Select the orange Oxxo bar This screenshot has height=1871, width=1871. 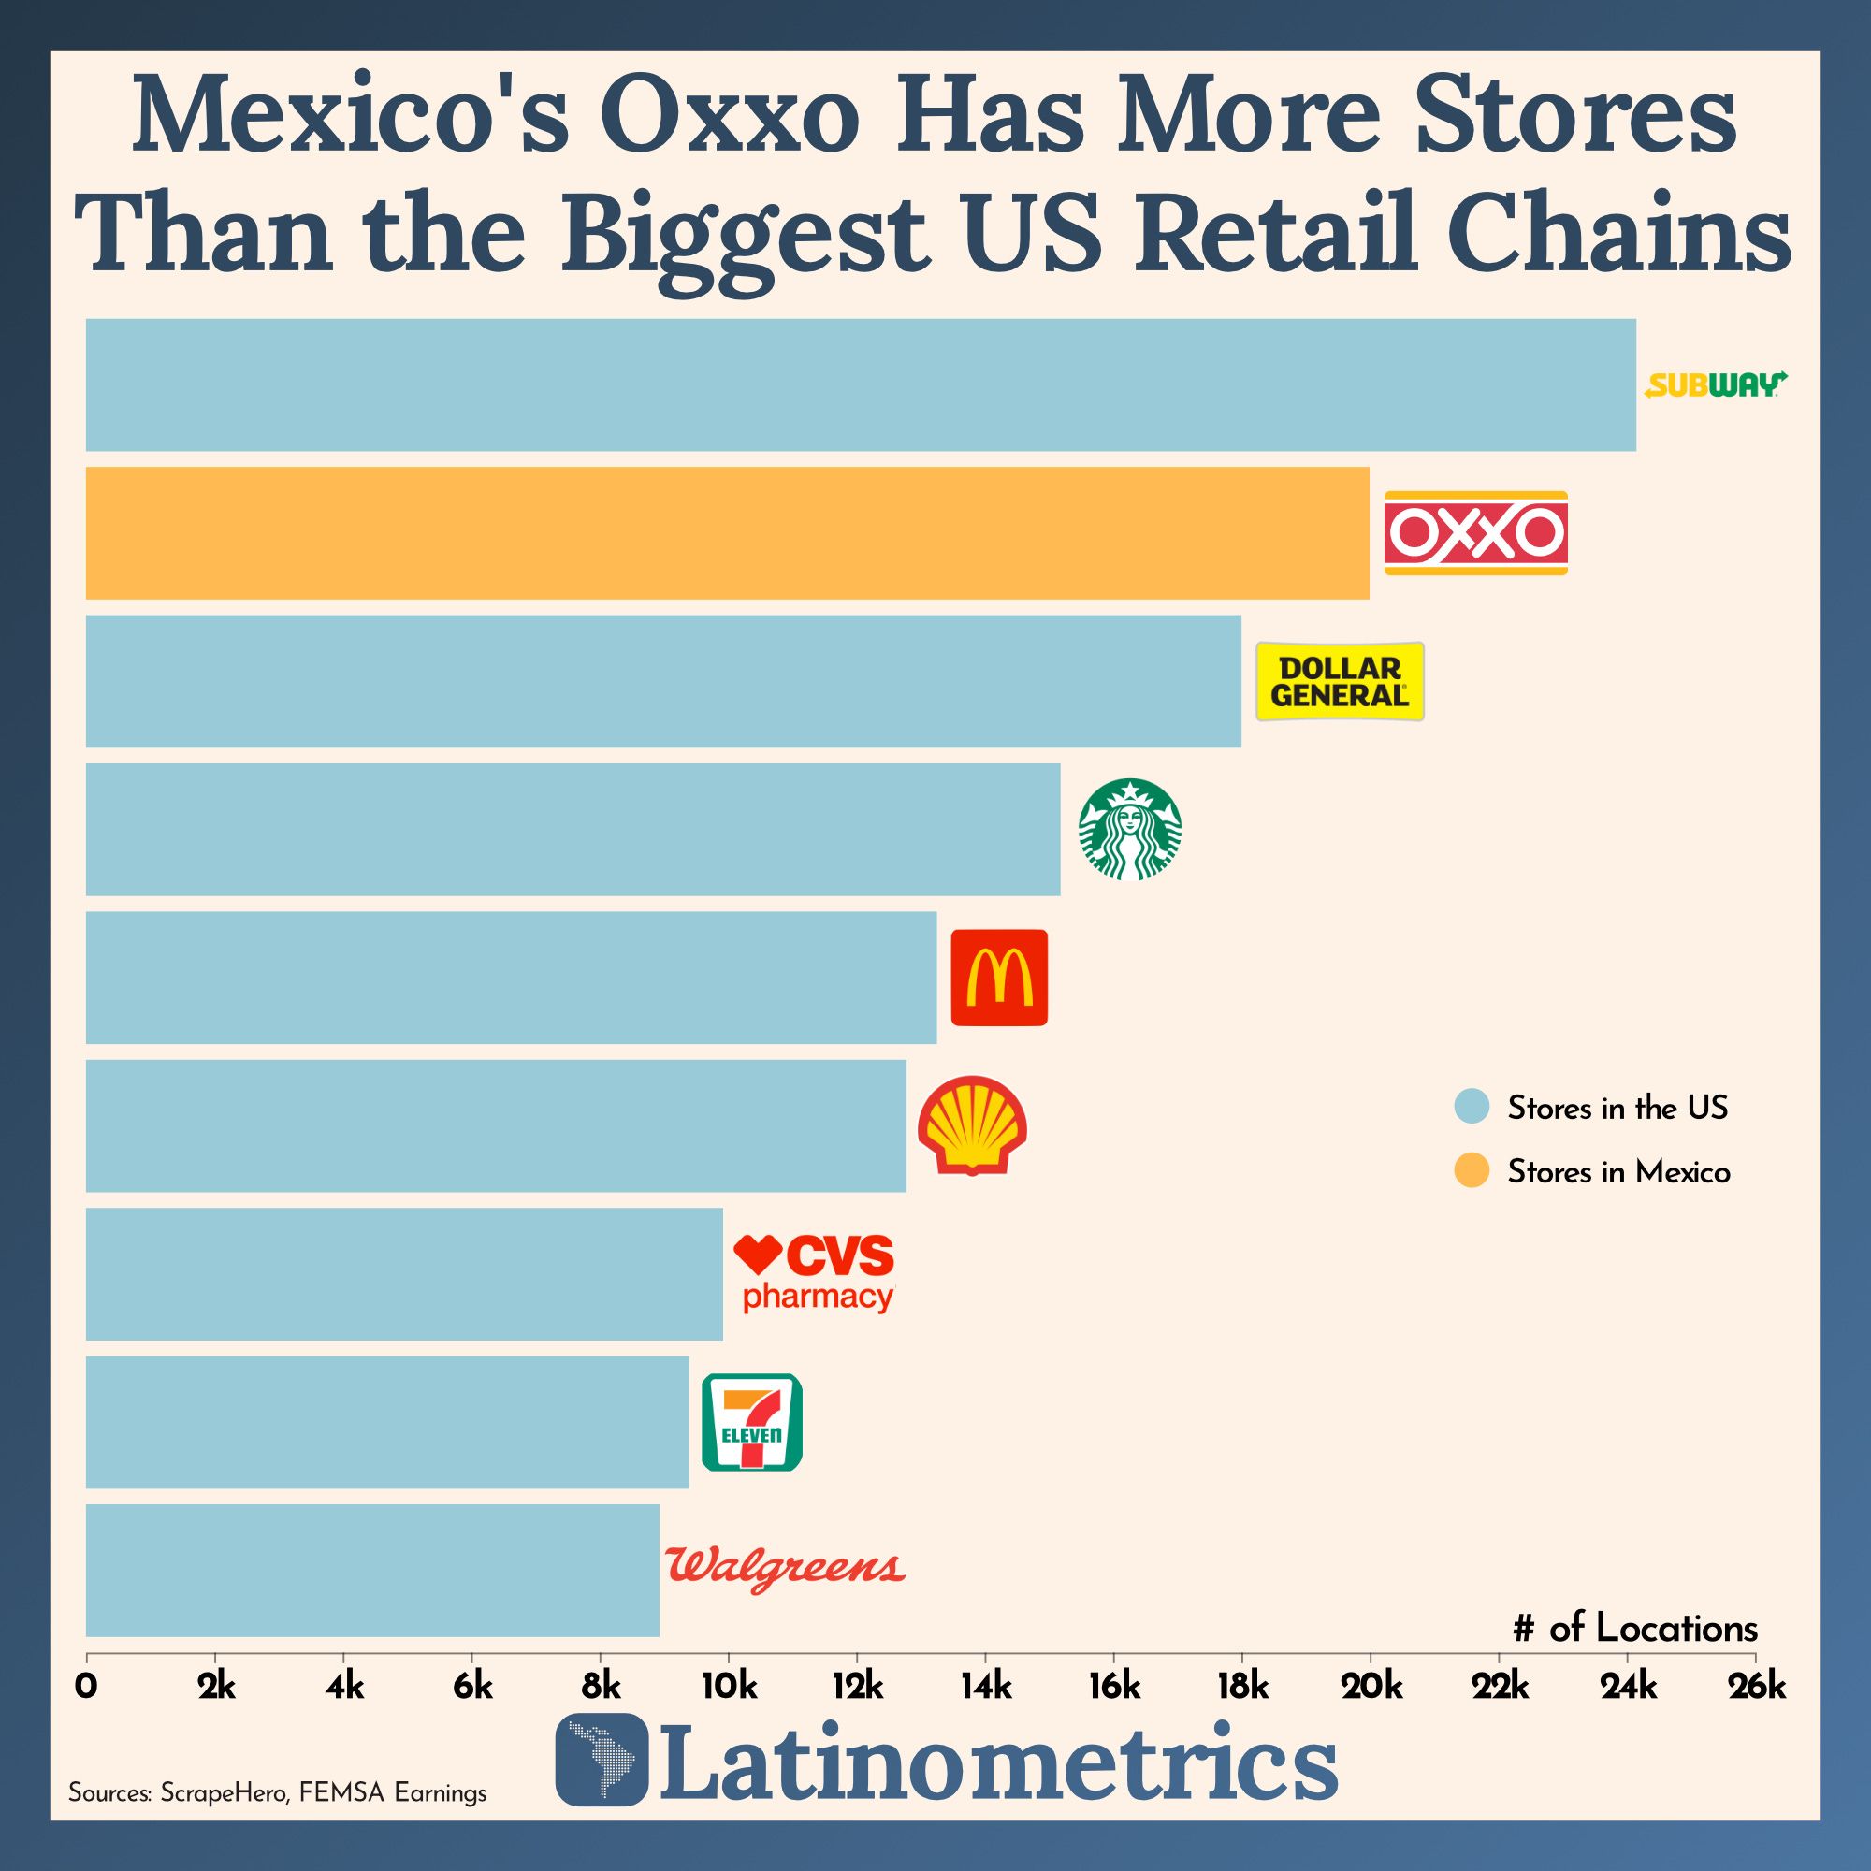726,532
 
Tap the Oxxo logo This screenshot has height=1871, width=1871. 1475,532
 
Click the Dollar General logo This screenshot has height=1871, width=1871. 1340,681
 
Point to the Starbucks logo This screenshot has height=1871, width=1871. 1129,829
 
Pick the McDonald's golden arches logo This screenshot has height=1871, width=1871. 998,978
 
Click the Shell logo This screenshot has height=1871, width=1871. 971,1125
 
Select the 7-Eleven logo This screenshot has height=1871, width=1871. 751,1422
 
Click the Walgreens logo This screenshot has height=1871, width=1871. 785,1569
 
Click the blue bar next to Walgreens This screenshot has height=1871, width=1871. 372,1570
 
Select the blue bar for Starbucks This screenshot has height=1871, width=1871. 572,829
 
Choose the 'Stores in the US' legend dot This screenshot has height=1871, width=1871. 1471,1107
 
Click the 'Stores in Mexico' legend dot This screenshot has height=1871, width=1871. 1471,1171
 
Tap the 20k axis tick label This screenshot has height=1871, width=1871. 1371,1687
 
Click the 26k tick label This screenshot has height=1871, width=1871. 1756,1687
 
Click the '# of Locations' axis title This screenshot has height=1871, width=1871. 1634,1629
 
